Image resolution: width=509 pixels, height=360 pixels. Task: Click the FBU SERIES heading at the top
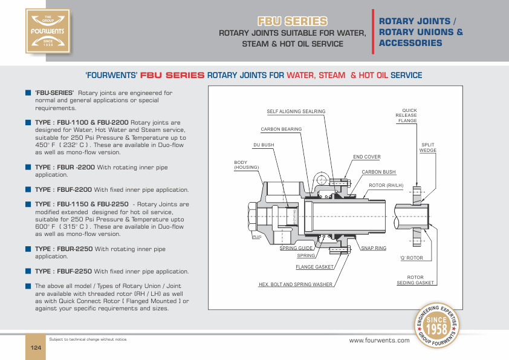tap(293, 21)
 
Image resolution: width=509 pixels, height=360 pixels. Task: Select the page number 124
tap(35, 347)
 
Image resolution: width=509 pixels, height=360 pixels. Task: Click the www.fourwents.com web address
tap(380, 341)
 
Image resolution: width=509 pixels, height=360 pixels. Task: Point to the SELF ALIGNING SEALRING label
tap(296, 111)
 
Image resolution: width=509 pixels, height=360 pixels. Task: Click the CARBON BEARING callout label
tap(281, 129)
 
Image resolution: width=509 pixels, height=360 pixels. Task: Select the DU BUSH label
tap(264, 145)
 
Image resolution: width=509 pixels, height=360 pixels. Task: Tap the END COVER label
tap(367, 157)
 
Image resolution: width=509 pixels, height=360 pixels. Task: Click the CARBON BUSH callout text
tap(378, 172)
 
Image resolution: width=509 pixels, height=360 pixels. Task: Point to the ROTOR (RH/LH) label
tap(386, 185)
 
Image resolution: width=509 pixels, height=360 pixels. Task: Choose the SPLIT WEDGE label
tap(428, 148)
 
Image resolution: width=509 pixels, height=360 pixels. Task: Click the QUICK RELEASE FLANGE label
tap(406, 116)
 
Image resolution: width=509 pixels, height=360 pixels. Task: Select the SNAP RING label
tap(374, 249)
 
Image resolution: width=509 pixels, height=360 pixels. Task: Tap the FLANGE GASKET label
tap(315, 267)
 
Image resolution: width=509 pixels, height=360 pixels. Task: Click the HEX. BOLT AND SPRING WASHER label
tap(296, 284)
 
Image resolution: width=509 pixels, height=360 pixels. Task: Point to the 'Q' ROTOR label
tap(412, 258)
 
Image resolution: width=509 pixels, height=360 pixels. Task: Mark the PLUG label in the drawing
tap(256, 237)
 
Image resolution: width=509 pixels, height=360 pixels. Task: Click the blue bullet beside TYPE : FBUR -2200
tap(28, 166)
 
